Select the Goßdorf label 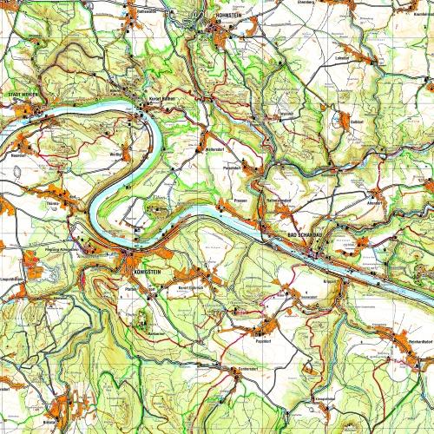pos(354,123)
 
